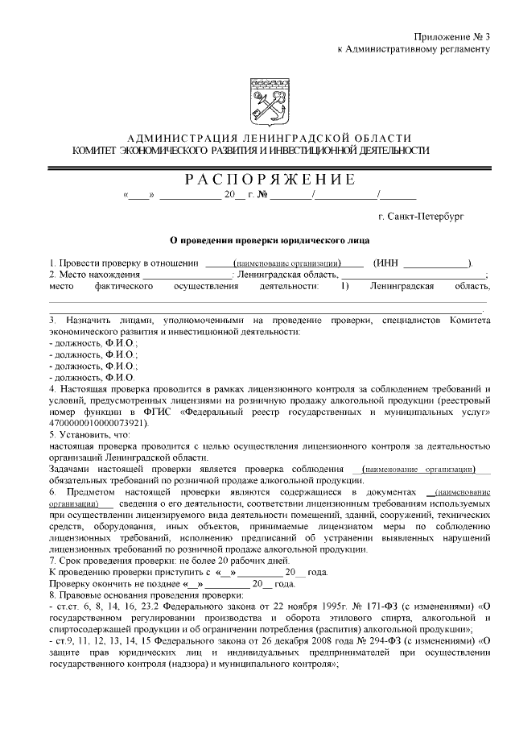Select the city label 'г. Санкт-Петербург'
pos(420,216)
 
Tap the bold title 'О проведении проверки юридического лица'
pos(269,239)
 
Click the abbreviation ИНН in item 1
pos(386,263)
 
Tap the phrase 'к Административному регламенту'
pos(414,49)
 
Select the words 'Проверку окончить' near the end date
pos(89,583)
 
